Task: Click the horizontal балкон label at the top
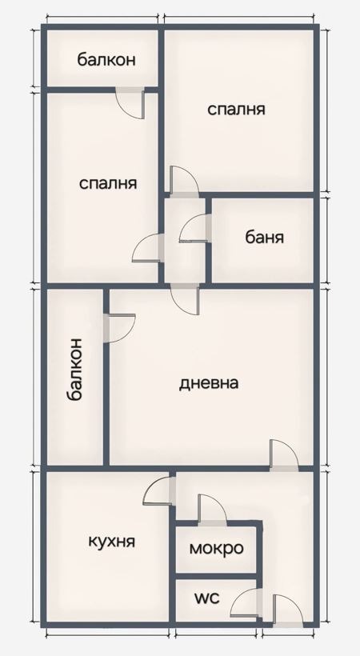coord(106,59)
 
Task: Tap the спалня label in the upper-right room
coord(236,109)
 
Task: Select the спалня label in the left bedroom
coord(108,183)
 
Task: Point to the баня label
coord(264,238)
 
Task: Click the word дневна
coord(208,382)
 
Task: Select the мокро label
coord(216,549)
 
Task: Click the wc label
coord(207,598)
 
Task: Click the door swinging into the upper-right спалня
coord(183,182)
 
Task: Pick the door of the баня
coord(194,230)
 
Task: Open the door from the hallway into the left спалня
coord(148,248)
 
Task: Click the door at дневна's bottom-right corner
coord(283,454)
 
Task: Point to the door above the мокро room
coord(210,510)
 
